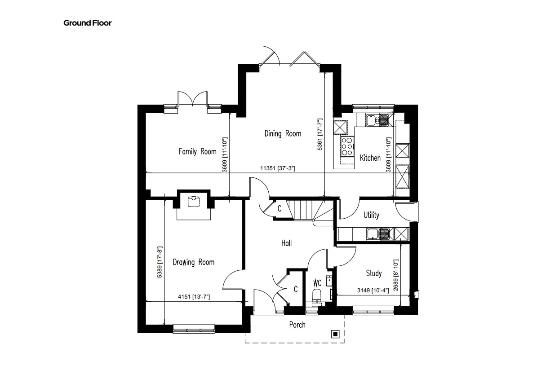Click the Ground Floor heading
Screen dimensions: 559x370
click(88, 23)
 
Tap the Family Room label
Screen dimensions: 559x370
click(197, 152)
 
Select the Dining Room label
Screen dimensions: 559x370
click(283, 134)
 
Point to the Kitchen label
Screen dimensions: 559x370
click(370, 158)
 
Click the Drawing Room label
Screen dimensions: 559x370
click(194, 262)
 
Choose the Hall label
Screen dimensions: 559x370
click(287, 243)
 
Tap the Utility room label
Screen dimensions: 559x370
click(371, 215)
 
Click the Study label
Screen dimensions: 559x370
click(374, 273)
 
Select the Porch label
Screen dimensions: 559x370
click(297, 325)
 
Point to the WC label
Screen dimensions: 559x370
click(317, 283)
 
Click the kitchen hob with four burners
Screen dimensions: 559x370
click(347, 146)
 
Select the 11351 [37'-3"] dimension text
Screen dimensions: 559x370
click(278, 168)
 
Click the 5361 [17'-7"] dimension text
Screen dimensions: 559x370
click(320, 134)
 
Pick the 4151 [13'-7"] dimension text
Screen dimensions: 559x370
click(194, 297)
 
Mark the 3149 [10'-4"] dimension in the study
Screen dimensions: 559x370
click(373, 291)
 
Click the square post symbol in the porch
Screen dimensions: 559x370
click(335, 334)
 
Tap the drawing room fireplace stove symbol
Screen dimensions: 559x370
click(194, 202)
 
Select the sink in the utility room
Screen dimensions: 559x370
click(378, 234)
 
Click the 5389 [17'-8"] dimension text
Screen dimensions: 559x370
click(160, 262)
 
